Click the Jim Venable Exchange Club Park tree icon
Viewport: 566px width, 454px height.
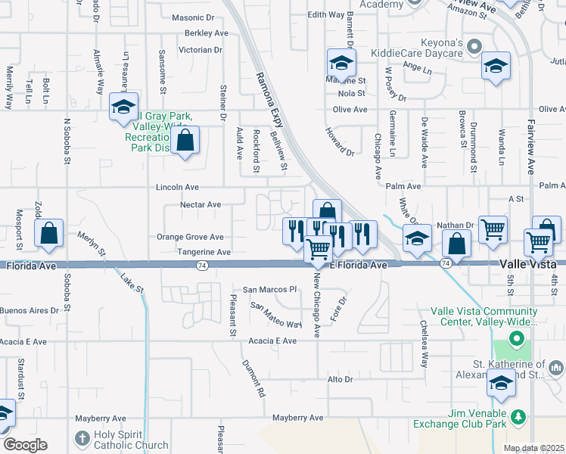(518, 417)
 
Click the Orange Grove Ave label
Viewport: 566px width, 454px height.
(190, 237)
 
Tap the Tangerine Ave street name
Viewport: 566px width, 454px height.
(204, 251)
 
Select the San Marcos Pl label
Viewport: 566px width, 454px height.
(269, 290)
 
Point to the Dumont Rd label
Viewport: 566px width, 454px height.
(254, 378)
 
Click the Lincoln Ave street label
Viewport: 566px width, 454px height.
(177, 187)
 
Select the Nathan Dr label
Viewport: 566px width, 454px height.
(455, 225)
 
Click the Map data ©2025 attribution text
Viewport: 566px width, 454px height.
(533, 448)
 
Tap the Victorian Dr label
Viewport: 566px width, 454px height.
(200, 50)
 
